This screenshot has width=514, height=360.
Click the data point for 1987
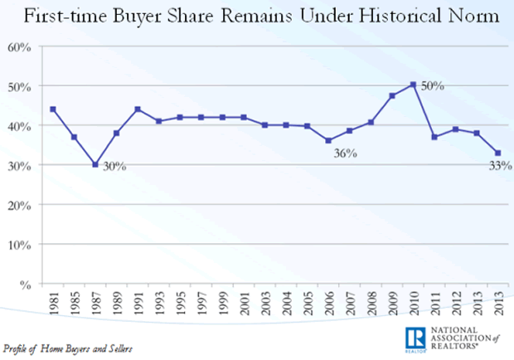(x=95, y=164)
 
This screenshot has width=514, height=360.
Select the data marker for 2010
(x=413, y=84)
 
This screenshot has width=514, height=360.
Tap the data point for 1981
(x=52, y=109)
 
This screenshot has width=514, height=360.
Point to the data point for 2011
(x=434, y=137)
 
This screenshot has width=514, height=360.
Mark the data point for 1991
(x=138, y=109)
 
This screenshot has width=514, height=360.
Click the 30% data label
(x=114, y=166)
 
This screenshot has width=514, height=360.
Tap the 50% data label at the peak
(x=433, y=85)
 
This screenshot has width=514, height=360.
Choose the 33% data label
(x=499, y=165)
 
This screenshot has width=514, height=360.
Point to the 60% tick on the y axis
(x=20, y=47)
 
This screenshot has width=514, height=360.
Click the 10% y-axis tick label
(x=20, y=245)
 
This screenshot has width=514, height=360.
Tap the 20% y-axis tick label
(x=20, y=205)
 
